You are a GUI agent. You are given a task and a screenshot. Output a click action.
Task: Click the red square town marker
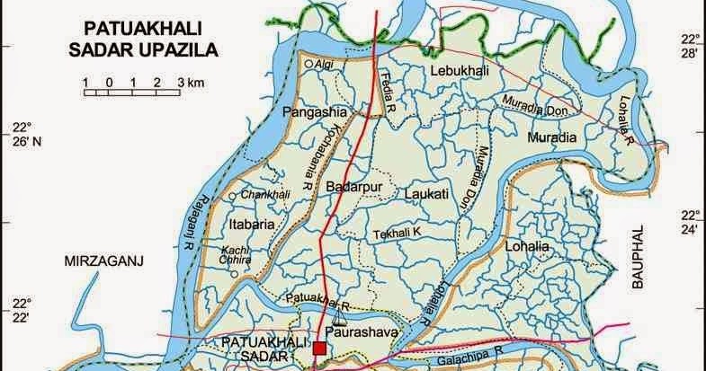[320, 348]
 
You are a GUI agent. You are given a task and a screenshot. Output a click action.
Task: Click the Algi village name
[323, 65]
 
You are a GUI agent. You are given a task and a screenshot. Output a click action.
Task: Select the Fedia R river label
[389, 86]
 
